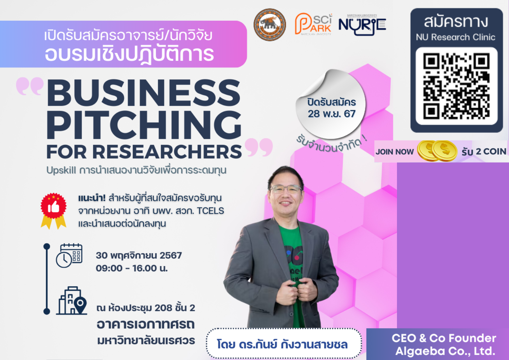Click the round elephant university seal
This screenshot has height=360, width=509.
pyautogui.click(x=270, y=25)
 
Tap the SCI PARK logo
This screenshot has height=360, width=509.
pyautogui.click(x=313, y=24)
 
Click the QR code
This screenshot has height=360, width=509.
pyautogui.click(x=456, y=86)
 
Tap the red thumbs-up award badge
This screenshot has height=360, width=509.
pyautogui.click(x=54, y=211)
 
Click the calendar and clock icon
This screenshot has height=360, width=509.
pyautogui.click(x=69, y=256)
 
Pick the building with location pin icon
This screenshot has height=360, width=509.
pyautogui.click(x=71, y=300)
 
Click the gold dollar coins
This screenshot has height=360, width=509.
pyautogui.click(x=437, y=151)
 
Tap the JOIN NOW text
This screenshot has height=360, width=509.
pyautogui.click(x=395, y=152)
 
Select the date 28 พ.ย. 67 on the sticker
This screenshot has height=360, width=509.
pyautogui.click(x=331, y=114)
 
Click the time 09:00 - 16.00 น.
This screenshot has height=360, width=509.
pyautogui.click(x=132, y=268)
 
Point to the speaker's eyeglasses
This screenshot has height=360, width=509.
pyautogui.click(x=286, y=189)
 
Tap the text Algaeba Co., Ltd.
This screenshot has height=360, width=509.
pyautogui.click(x=445, y=351)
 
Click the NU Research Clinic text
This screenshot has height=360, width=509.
pyautogui.click(x=455, y=37)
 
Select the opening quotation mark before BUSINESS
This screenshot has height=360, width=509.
pyautogui.click(x=30, y=86)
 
